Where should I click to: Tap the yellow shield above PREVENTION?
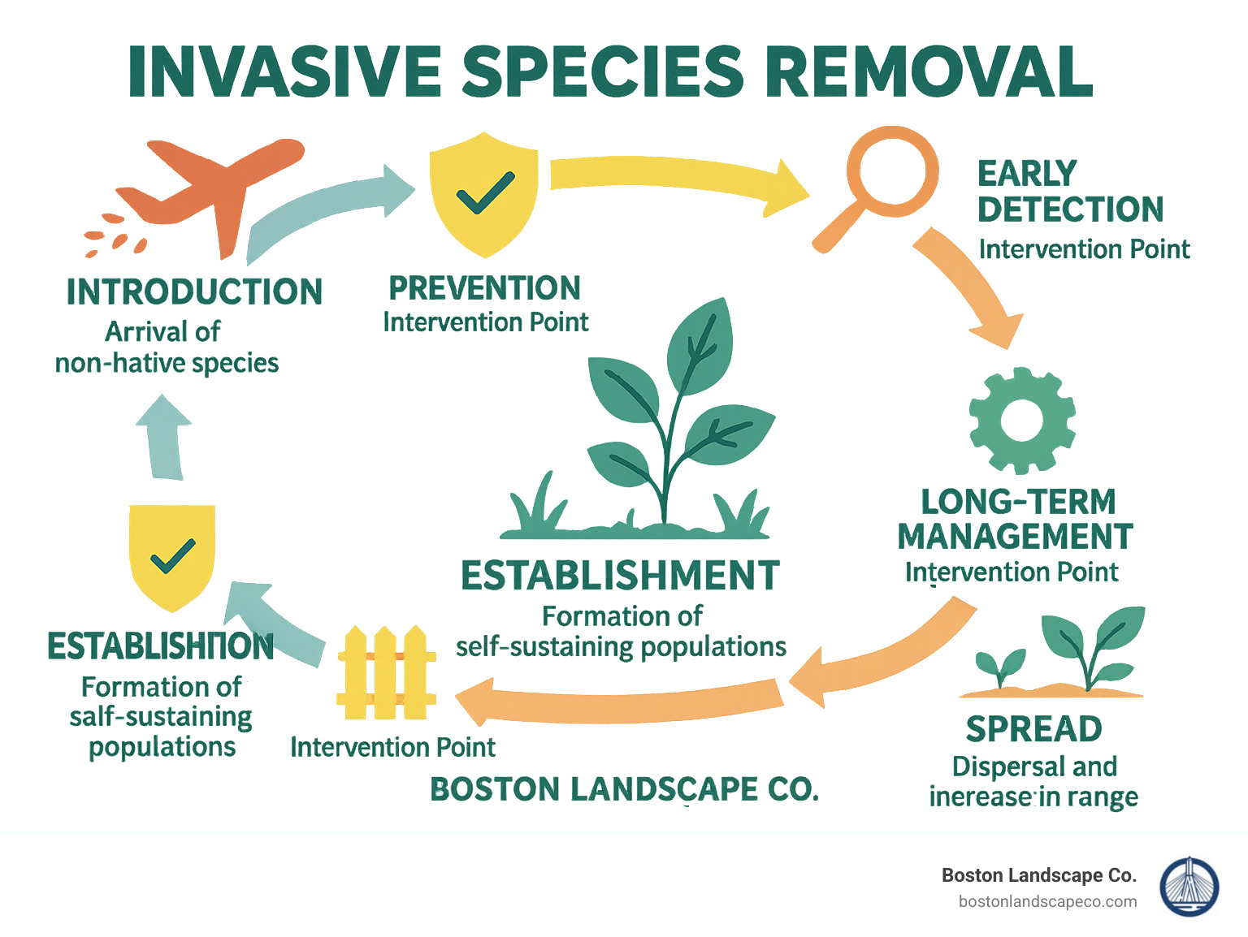[484, 195]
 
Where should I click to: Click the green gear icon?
[1021, 420]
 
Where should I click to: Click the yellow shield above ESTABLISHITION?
[172, 555]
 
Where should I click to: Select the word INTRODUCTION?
[194, 292]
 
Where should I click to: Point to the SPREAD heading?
[1033, 729]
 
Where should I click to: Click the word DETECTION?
[1070, 209]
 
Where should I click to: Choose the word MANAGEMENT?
[1015, 537]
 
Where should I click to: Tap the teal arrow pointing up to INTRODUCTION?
[165, 438]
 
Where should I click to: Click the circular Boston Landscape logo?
[1189, 887]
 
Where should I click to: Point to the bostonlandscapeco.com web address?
[1047, 901]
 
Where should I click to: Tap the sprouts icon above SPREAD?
[1056, 654]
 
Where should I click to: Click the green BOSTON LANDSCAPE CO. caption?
[624, 789]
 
